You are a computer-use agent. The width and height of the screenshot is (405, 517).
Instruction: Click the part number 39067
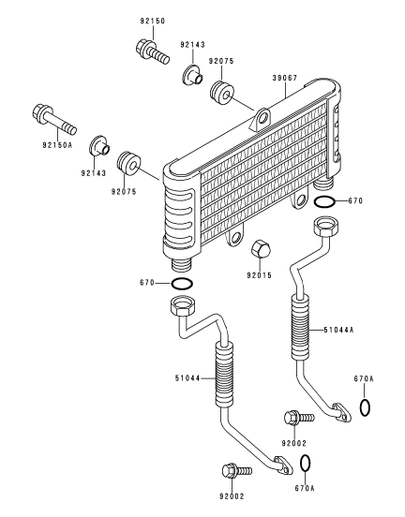pyautogui.click(x=284, y=78)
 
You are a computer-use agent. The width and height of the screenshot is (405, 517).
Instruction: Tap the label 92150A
pyautogui.click(x=57, y=144)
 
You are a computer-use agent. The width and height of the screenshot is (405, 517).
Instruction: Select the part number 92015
pyautogui.click(x=259, y=275)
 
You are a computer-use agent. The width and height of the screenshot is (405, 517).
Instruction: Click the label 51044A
pyautogui.click(x=338, y=330)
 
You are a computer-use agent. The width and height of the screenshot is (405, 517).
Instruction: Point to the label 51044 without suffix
pyautogui.click(x=187, y=378)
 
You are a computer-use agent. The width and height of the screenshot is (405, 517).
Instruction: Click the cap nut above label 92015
pyautogui.click(x=261, y=249)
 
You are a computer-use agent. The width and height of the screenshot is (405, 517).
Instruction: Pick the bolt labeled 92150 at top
pyautogui.click(x=153, y=52)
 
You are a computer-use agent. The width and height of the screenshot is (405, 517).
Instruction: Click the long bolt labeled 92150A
pyautogui.click(x=54, y=119)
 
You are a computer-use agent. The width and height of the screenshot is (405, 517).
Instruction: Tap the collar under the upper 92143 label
pyautogui.click(x=193, y=76)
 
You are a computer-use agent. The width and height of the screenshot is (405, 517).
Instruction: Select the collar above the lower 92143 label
pyautogui.click(x=100, y=146)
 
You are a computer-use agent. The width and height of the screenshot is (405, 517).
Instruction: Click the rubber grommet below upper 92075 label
pyautogui.click(x=222, y=93)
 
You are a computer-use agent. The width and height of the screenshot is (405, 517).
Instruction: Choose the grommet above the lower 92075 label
pyautogui.click(x=129, y=165)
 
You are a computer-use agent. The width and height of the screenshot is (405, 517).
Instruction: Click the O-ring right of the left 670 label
pyautogui.click(x=182, y=284)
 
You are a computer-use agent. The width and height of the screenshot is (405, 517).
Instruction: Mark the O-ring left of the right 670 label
pyautogui.click(x=324, y=201)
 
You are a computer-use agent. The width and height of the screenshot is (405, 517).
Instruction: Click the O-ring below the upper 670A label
pyautogui.click(x=365, y=407)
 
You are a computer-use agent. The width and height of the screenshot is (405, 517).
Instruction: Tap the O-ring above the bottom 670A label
pyautogui.click(x=306, y=464)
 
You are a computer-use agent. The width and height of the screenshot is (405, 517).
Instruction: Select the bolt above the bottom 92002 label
pyautogui.click(x=237, y=470)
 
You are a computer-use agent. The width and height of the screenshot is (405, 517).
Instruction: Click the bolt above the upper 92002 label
pyautogui.click(x=299, y=418)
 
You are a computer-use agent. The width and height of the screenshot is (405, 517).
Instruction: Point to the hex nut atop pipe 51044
pyautogui.click(x=183, y=305)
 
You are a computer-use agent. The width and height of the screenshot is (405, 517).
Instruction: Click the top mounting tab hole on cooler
pyautogui.click(x=263, y=118)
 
